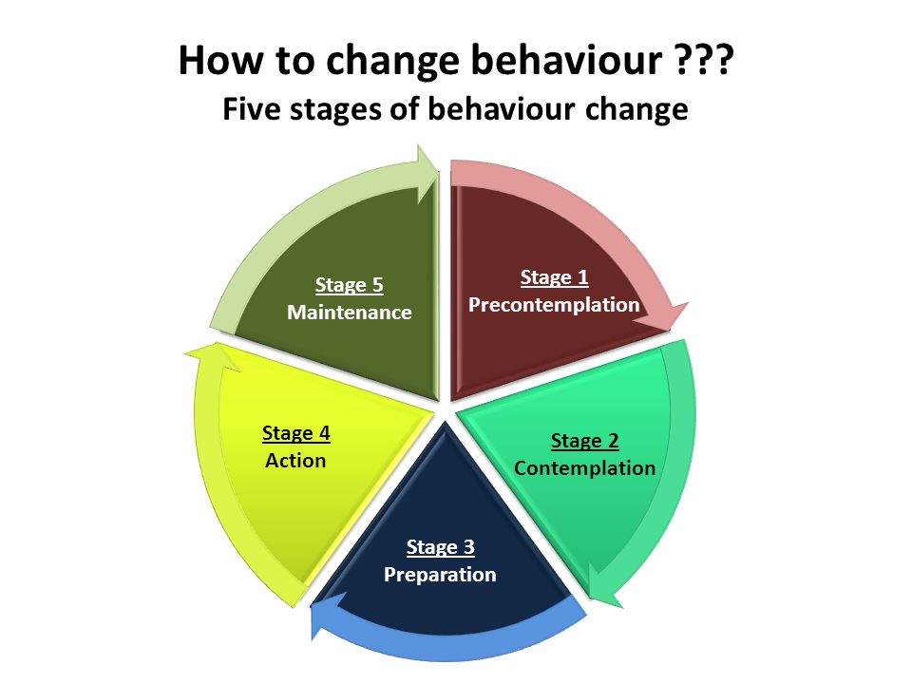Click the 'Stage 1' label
tap(554, 277)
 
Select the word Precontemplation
tap(554, 305)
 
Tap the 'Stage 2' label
tap(584, 441)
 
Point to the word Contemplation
tap(584, 468)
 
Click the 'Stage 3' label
tap(440, 547)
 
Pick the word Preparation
tap(440, 575)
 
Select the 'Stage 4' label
tap(296, 433)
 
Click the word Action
tap(295, 461)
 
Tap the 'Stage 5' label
tap(350, 285)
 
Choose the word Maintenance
tap(350, 313)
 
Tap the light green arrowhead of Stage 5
tap(427, 173)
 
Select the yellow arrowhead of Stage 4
tap(213, 355)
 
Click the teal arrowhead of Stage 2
tap(604, 586)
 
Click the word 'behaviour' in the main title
tap(567, 60)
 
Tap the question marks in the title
tap(706, 59)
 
